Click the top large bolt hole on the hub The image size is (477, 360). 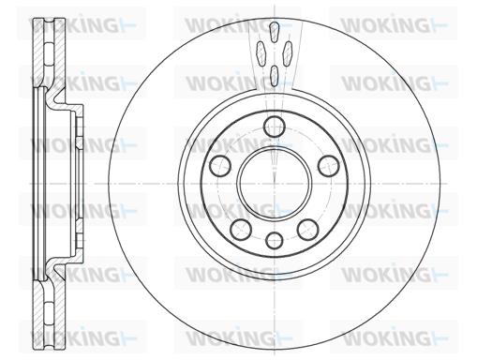tap(275, 127)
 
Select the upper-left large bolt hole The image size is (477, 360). tap(220, 166)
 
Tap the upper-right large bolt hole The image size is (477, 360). tap(328, 166)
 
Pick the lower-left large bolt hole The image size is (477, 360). tap(241, 230)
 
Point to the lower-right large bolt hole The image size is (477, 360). tap(308, 230)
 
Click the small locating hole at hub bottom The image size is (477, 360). tap(275, 241)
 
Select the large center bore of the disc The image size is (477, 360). tap(275, 183)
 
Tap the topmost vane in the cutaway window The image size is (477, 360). tap(274, 32)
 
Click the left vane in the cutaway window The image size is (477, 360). tap(261, 53)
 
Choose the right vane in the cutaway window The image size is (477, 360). tap(288, 53)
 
